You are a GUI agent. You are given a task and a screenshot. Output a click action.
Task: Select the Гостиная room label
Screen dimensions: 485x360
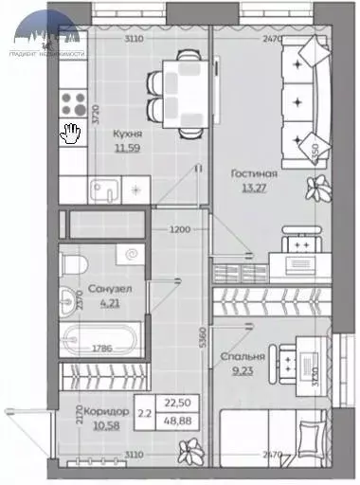tap(255, 173)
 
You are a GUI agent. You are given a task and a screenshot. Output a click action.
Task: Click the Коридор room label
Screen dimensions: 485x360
tap(105, 413)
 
